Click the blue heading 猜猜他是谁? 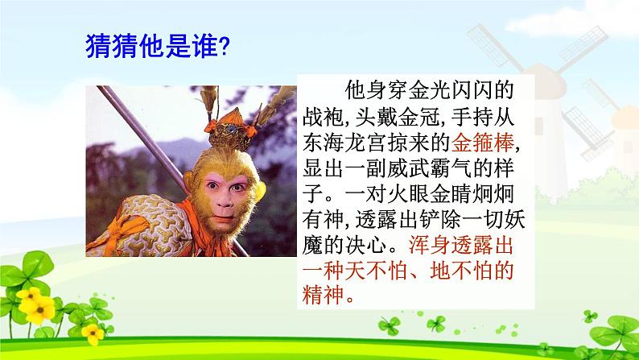[158, 46]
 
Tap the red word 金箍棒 [483, 143]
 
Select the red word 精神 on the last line [324, 294]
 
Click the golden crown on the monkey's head [231, 130]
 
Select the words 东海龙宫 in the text [344, 143]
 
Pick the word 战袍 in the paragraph [324, 117]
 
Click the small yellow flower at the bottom [93, 333]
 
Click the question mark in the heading [225, 47]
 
